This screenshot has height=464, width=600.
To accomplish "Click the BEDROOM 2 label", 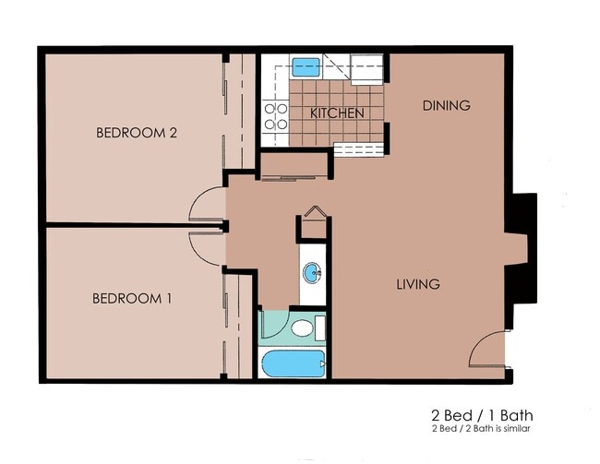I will [x=136, y=133].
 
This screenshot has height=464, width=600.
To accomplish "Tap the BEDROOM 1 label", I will [x=132, y=299].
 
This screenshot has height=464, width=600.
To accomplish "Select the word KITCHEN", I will [x=336, y=113].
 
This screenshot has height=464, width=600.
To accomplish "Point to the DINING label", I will [x=447, y=105].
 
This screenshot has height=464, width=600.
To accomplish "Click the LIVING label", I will [x=418, y=284].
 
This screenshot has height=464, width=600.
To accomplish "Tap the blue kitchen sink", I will [x=306, y=66].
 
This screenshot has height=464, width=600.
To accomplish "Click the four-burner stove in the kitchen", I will [x=276, y=116].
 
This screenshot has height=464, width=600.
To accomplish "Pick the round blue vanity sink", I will [x=313, y=272].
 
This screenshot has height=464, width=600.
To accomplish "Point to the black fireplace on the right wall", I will [x=522, y=248].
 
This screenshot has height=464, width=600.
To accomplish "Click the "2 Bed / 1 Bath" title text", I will [x=481, y=416].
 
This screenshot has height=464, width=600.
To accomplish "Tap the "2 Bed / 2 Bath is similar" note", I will [x=480, y=429].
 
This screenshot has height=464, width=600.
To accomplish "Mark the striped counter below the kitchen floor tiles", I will [x=357, y=149].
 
